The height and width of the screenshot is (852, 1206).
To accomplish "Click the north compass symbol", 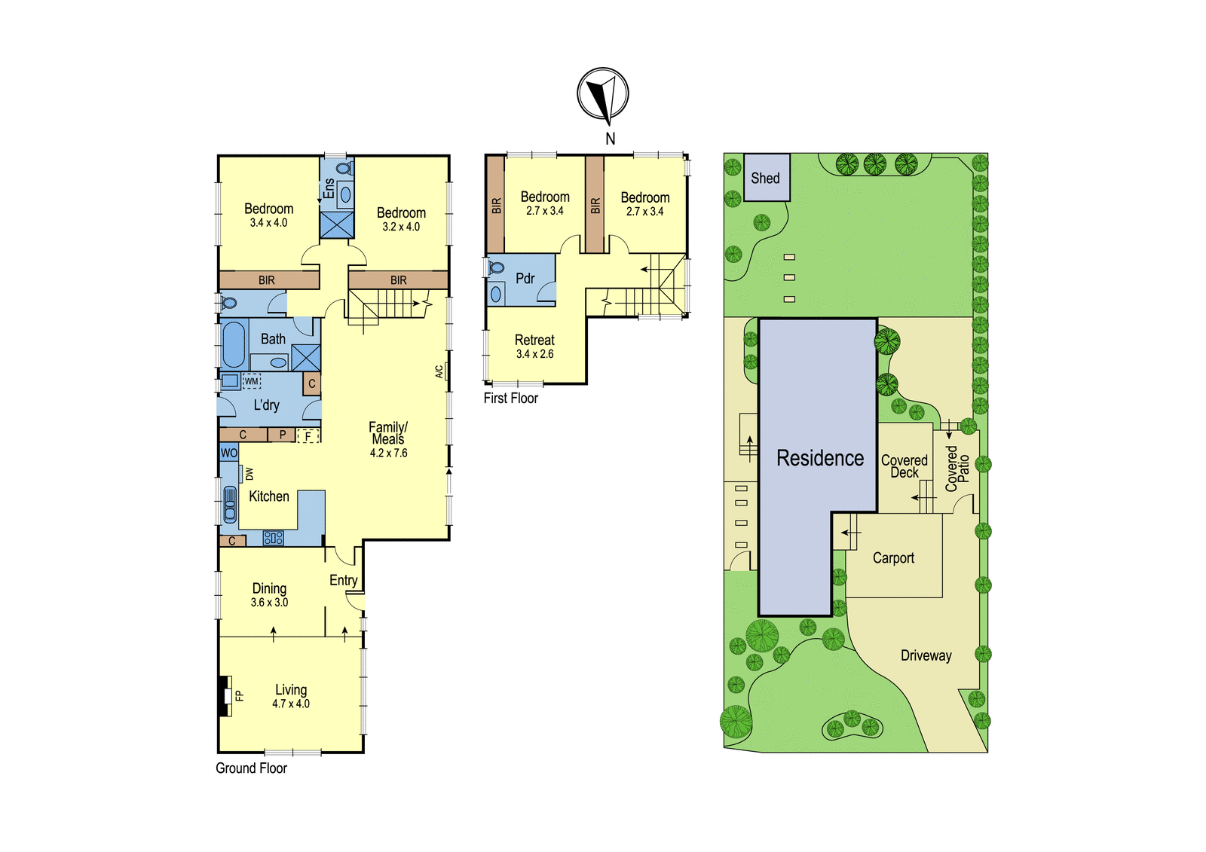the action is point(602,94).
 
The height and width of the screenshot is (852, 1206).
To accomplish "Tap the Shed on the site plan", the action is point(767,178).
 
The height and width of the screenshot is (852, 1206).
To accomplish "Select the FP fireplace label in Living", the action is point(240,696).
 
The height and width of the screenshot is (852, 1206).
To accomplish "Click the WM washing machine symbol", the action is point(252,381).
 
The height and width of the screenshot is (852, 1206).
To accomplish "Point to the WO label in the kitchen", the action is point(229,453).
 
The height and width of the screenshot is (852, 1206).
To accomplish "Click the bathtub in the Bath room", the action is point(233,344).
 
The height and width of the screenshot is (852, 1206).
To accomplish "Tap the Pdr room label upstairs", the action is point(525,278).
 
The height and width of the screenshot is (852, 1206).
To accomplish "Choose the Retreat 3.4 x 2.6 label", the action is point(534,347).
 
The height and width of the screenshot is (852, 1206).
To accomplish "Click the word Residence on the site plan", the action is point(820,458).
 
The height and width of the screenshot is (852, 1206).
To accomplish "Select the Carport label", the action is point(893,558).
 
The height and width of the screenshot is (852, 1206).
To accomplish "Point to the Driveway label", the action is point(926,655).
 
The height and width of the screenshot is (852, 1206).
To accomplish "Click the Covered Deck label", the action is point(904,466).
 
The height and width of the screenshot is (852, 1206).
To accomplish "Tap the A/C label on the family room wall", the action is point(439,372).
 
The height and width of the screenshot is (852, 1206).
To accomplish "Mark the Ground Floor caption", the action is point(252,768).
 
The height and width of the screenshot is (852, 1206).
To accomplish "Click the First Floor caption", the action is point(511,399).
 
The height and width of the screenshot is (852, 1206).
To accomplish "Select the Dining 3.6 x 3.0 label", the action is point(269,594).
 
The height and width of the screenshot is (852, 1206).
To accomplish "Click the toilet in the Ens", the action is point(346,167).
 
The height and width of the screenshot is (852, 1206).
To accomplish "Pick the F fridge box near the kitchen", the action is point(308,435).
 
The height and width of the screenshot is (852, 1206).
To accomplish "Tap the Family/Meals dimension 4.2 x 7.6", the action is point(388,453).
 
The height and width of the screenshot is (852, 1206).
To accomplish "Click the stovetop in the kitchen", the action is point(273,537).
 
